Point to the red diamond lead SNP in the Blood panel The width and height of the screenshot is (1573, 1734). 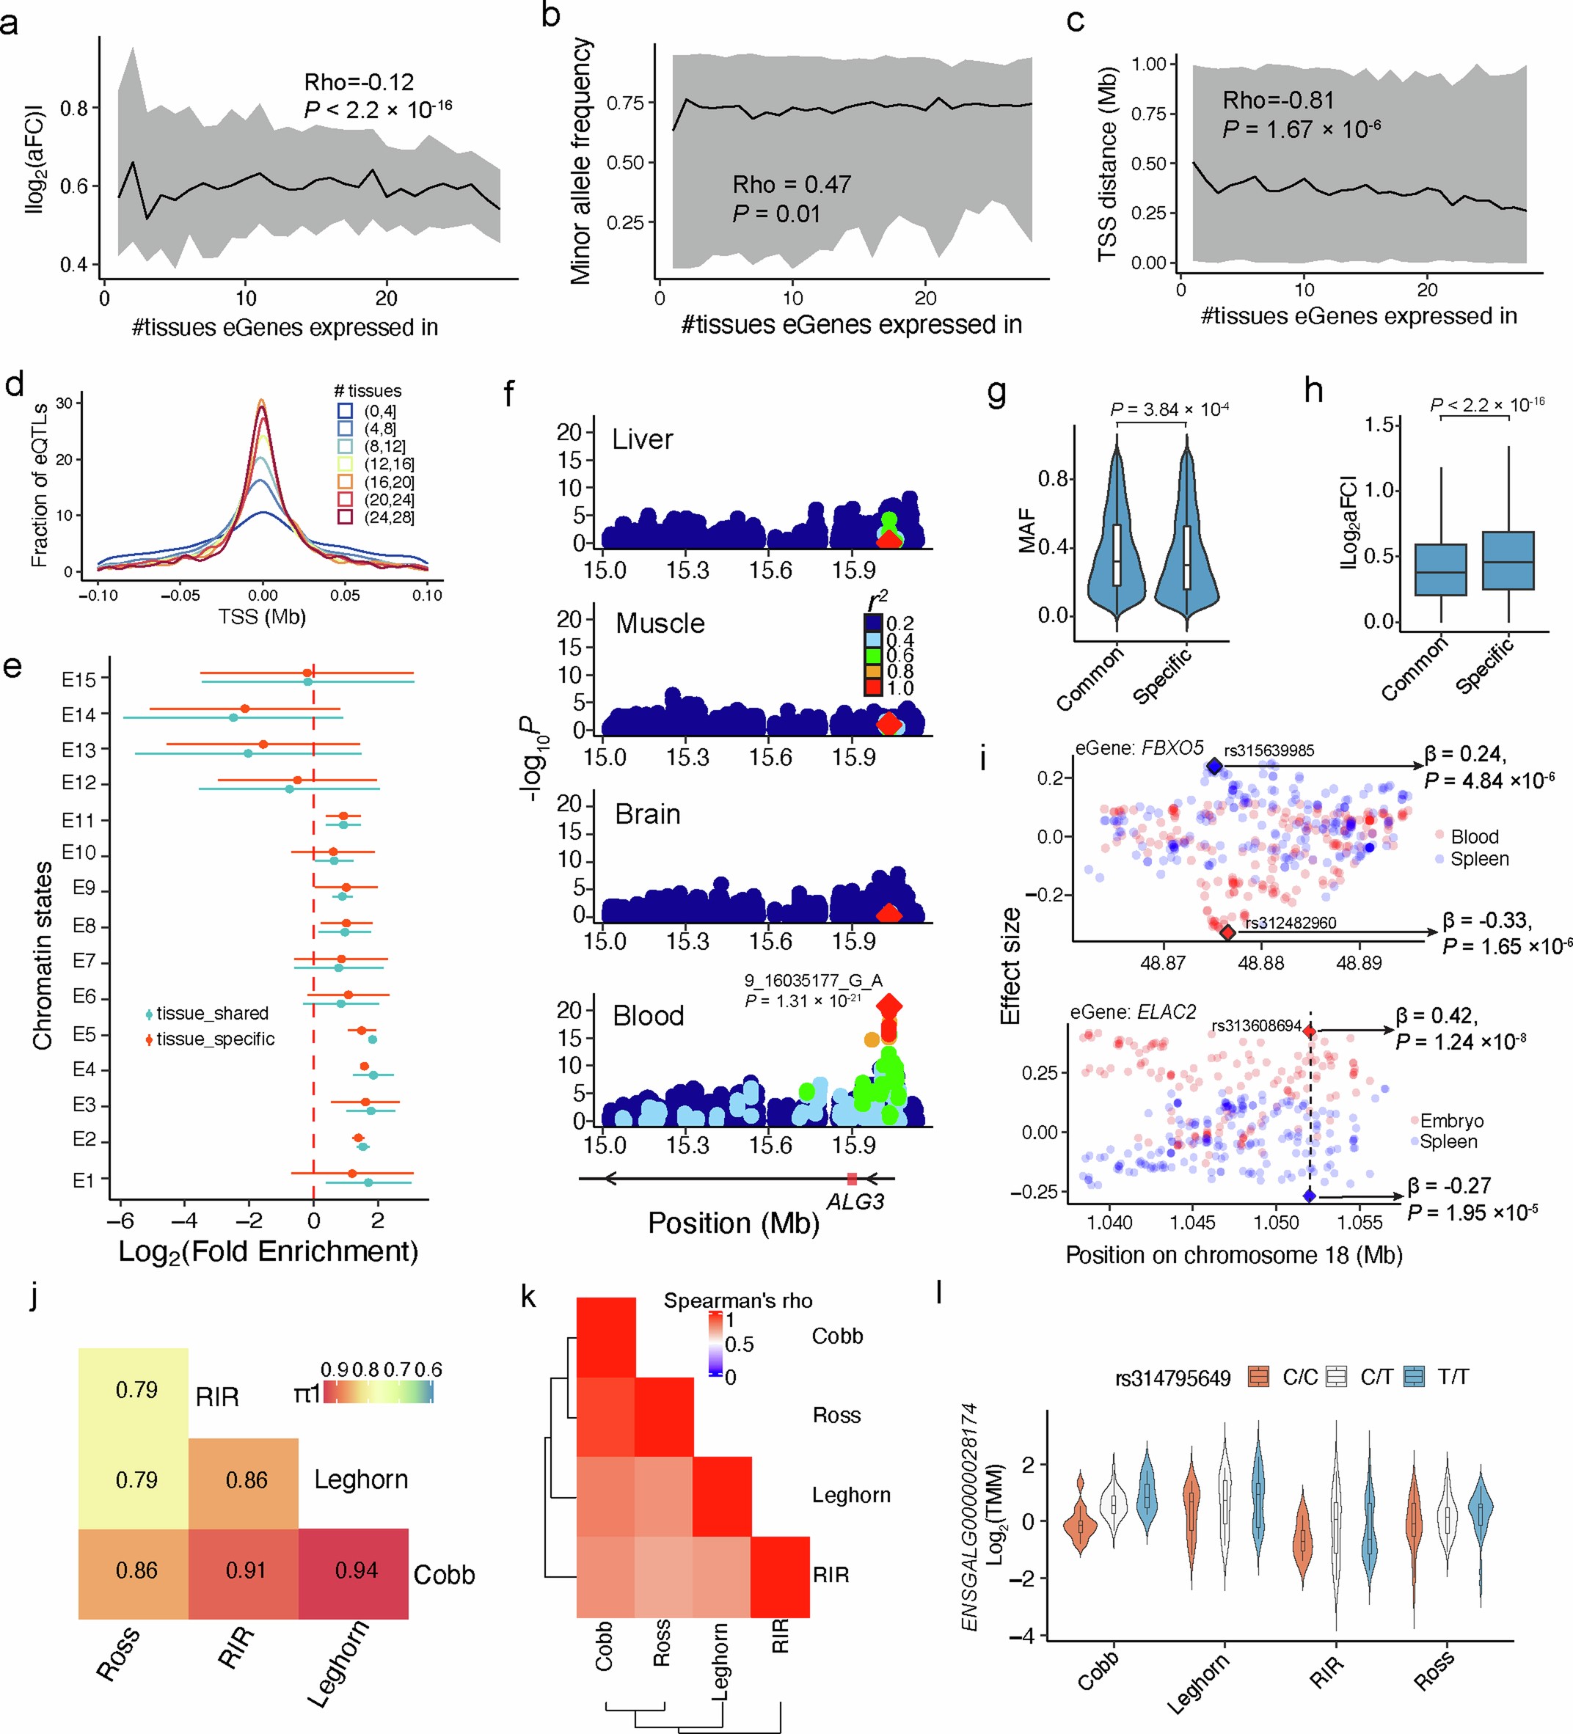(x=889, y=1006)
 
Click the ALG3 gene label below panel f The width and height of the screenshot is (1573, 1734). (x=855, y=1201)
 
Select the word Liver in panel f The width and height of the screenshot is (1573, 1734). (x=642, y=439)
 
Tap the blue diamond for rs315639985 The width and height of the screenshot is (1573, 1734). (x=1213, y=767)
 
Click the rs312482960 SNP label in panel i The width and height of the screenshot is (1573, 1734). (x=1291, y=923)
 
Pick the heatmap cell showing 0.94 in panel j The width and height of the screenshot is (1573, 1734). (x=357, y=1570)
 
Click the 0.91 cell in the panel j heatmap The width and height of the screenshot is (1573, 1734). (x=246, y=1570)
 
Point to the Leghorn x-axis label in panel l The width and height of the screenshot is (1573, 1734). (x=1198, y=1683)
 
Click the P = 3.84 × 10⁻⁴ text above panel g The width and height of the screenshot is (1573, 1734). (x=1169, y=409)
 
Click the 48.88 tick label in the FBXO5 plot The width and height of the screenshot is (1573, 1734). (x=1260, y=963)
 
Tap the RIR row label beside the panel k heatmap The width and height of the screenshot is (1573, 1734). (x=831, y=1575)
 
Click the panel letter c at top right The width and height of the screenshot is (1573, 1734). (x=1075, y=21)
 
